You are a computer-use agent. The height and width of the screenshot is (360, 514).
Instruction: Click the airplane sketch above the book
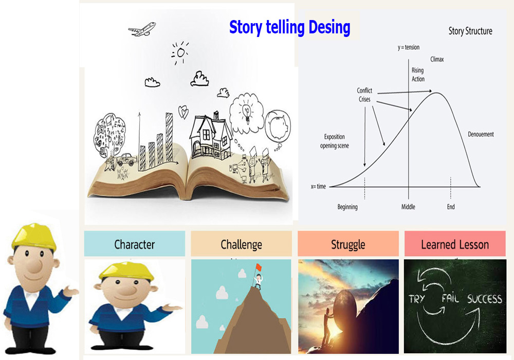coord(142,29)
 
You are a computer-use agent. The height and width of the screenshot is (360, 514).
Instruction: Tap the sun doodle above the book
coord(180,52)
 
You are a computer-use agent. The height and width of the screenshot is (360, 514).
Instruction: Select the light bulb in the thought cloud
coord(247,112)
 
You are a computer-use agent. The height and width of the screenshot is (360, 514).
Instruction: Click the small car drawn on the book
coord(126,159)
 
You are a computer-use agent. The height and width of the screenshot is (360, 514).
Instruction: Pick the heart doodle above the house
coord(183,112)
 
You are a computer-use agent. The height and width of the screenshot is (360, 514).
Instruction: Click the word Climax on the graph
coord(437,59)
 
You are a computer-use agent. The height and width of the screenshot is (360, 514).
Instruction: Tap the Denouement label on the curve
coord(481,134)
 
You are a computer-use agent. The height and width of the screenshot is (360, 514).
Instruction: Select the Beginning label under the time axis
coord(347,207)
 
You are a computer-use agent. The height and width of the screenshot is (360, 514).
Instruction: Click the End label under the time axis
coord(451,207)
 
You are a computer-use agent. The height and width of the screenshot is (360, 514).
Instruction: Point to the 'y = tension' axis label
coord(409,47)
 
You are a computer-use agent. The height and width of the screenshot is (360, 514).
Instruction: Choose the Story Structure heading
coord(470,31)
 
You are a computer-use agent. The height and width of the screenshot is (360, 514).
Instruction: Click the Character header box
coord(134,244)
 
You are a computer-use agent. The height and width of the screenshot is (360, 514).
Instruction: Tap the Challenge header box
coord(241,244)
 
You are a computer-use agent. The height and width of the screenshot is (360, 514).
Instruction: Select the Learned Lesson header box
coord(455,244)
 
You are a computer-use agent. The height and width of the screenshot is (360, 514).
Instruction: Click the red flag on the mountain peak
coord(259,266)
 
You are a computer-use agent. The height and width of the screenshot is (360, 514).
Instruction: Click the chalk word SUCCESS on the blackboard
coord(485,298)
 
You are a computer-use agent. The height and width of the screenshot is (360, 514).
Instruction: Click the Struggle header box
coord(348,244)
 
